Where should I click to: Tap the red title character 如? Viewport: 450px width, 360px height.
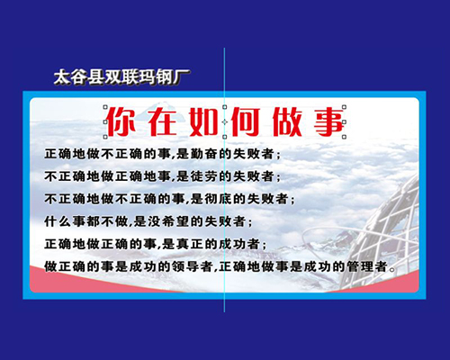[x=204, y=121]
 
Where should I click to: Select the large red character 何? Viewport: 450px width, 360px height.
[x=245, y=121]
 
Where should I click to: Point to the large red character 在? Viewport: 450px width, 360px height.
[x=163, y=121]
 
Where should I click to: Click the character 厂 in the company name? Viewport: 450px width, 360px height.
[x=182, y=77]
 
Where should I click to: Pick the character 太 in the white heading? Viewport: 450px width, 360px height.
[x=62, y=77]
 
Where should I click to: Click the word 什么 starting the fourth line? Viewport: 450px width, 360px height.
[x=58, y=221]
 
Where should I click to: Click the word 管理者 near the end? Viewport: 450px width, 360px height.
[x=367, y=266]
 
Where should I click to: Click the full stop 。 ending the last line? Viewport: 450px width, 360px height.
[x=391, y=269]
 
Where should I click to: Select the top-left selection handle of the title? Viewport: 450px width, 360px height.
[x=105, y=107]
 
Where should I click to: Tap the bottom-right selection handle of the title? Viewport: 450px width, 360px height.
[x=344, y=137]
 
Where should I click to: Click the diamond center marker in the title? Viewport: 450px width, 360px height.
[x=224, y=121]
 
